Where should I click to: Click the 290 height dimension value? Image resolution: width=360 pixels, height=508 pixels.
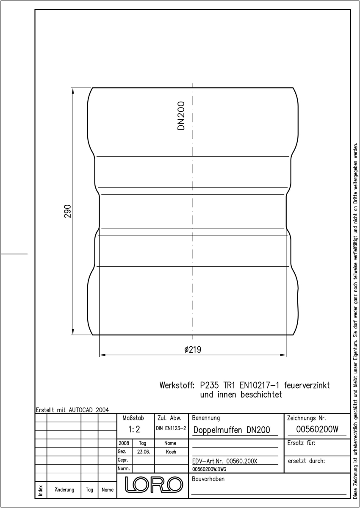coord(67,211)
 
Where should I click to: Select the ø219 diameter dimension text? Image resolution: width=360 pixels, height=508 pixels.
coord(193,350)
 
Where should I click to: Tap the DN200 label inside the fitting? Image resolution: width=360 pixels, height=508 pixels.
coord(181,116)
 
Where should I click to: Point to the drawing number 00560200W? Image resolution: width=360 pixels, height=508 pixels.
coord(317,429)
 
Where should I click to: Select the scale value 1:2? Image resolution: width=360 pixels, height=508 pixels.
coord(134,429)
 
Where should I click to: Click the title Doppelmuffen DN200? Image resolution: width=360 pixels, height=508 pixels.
coord(232,430)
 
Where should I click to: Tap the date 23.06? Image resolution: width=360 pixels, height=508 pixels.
coord(144,452)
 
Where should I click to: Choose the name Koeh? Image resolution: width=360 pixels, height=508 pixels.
coord(171,452)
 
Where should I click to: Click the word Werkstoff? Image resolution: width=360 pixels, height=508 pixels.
coord(177,385)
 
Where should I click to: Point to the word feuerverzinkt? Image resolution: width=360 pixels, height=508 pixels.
coord(307,385)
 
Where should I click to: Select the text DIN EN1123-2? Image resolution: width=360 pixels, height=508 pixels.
coord(171,428)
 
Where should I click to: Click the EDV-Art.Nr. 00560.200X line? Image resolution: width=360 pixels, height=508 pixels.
coord(224,461)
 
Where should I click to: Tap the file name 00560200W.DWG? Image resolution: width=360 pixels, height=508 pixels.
coord(209,469)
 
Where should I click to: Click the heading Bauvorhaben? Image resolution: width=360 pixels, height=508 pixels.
coord(208,479)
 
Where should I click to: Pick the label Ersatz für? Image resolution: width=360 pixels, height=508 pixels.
coord(302,443)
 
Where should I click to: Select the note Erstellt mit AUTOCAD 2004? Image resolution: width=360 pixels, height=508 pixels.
coord(72,410)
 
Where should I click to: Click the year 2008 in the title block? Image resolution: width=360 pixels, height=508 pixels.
coord(124,443)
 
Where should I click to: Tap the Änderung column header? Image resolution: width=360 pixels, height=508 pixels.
coord(64,490)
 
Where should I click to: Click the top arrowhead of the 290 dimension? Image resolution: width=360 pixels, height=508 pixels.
coord(73,91)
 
